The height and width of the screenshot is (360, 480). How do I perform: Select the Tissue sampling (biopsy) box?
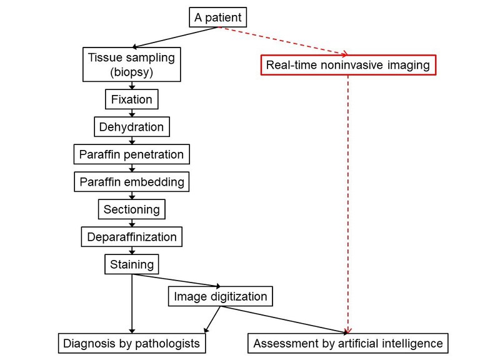(x=131, y=64)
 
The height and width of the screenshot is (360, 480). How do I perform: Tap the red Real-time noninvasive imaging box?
(x=348, y=66)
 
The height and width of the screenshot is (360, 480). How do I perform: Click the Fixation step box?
(x=131, y=100)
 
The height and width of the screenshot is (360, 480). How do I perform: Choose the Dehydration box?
(x=131, y=127)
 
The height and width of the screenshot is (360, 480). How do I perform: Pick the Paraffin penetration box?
(x=131, y=154)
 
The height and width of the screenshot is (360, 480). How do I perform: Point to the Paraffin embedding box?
(x=131, y=182)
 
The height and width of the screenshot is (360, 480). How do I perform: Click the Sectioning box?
(x=131, y=209)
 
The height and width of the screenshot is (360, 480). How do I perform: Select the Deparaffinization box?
(x=131, y=237)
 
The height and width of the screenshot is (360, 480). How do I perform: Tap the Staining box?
(x=131, y=264)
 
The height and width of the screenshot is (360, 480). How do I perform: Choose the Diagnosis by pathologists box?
(x=131, y=343)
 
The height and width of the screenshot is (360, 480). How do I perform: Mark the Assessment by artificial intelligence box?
(x=348, y=343)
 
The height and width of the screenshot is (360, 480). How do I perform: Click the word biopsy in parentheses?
(x=131, y=72)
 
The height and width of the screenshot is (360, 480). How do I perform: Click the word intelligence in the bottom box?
(x=414, y=343)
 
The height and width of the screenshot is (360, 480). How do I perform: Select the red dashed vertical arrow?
(x=347, y=200)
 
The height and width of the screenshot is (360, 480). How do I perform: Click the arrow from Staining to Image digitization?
(x=181, y=279)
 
